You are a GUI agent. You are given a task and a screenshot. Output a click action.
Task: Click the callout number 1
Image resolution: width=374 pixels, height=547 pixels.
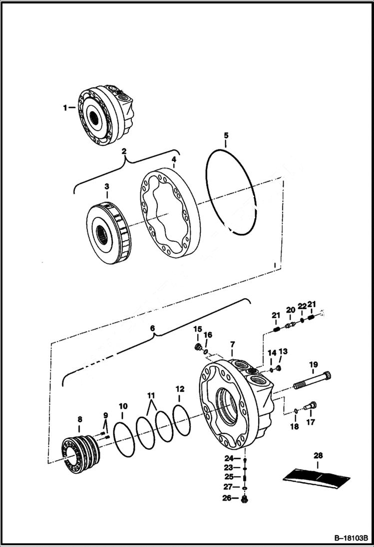click(65, 107)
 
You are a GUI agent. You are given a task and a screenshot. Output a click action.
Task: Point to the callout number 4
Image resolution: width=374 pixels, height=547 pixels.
click(173, 161)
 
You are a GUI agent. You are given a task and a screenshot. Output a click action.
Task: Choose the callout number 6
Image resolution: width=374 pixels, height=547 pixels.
click(153, 329)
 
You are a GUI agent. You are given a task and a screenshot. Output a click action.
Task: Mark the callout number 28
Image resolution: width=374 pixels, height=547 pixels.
click(318, 455)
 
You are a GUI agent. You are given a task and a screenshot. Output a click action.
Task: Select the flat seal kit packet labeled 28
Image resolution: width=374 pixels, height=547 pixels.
click(317, 477)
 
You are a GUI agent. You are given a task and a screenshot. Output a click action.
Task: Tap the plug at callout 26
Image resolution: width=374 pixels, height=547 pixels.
click(245, 498)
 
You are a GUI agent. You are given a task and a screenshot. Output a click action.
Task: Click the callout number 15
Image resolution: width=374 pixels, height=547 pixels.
click(197, 330)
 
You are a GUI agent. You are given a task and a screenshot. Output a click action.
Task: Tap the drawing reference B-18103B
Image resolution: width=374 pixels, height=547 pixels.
click(350, 539)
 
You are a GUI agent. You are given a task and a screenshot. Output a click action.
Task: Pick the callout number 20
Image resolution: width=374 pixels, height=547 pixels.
click(291, 310)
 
